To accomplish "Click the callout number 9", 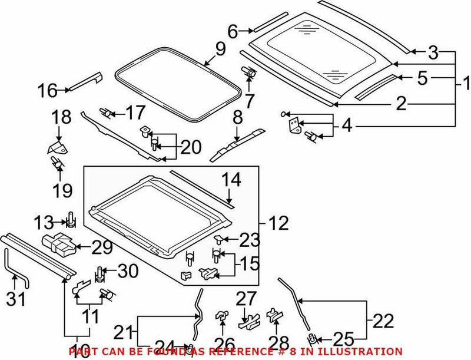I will point(220,49).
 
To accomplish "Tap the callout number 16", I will point(48,91).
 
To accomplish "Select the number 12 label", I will point(278,223).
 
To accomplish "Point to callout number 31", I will point(16,299).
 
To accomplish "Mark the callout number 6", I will point(233,31).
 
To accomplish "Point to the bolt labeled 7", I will point(250,74).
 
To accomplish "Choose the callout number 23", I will point(249,239).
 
